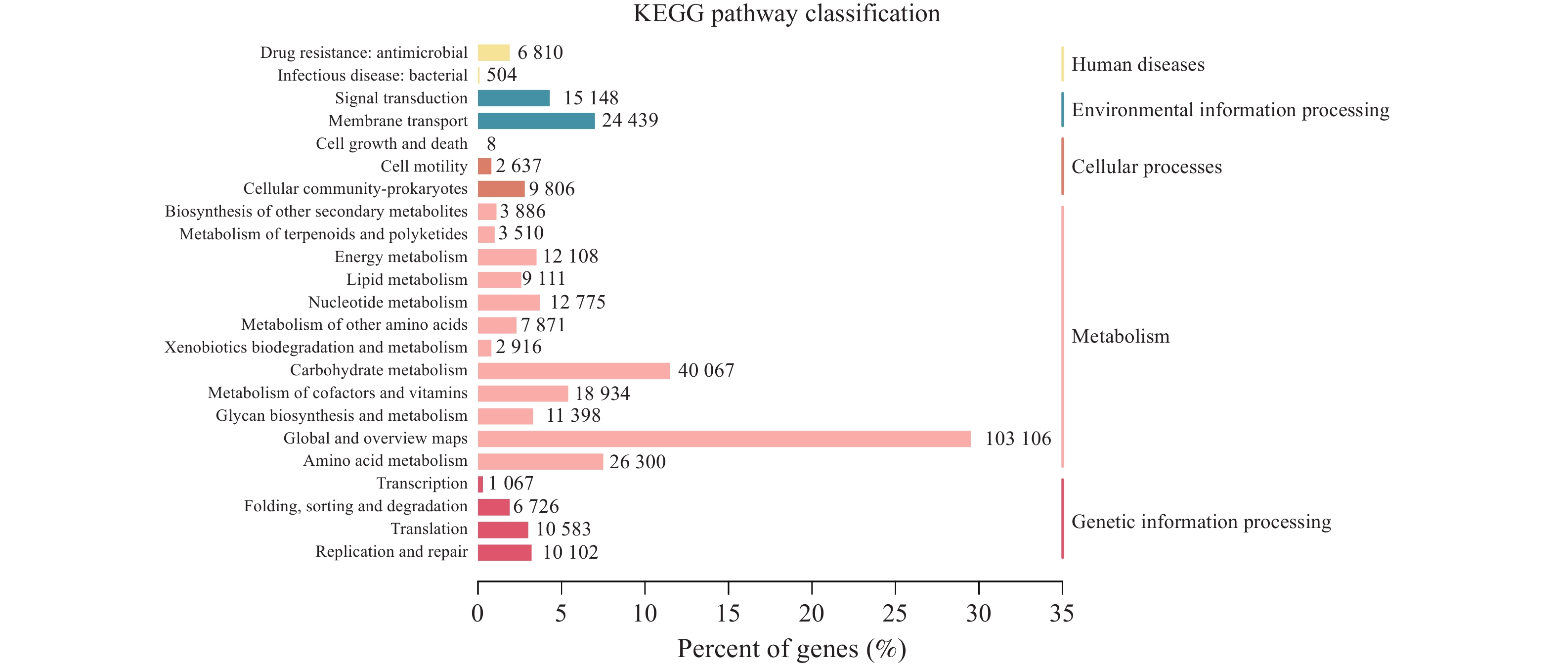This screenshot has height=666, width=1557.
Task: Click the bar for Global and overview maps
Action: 724,439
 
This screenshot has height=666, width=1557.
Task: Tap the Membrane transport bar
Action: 536,121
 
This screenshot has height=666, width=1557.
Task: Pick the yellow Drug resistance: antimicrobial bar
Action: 493,52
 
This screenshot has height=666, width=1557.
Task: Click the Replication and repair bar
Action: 505,552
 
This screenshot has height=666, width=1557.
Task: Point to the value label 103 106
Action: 1018,439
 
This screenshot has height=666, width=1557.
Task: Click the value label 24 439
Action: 630,120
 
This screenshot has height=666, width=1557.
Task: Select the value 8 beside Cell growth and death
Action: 491,144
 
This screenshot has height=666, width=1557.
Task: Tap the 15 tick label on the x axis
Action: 729,614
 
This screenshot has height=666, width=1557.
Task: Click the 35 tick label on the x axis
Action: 1062,614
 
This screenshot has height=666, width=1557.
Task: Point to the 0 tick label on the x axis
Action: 477,614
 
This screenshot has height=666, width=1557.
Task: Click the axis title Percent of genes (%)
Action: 792,649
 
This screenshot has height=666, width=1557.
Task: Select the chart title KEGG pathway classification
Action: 786,13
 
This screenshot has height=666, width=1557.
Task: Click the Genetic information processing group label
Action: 1202,522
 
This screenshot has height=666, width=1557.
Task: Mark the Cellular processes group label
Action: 1147,167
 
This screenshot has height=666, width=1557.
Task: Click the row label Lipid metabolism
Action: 407,280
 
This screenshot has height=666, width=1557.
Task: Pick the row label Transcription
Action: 422,484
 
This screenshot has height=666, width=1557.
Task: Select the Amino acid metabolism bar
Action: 540,462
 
